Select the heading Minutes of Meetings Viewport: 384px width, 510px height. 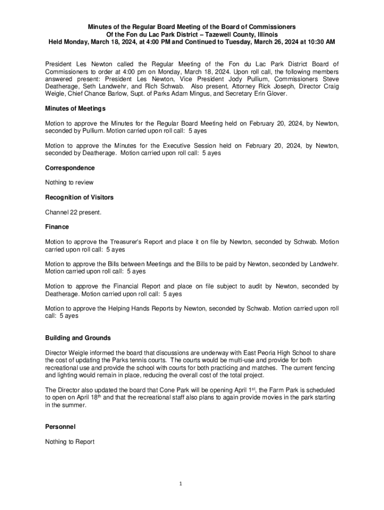tap(75, 108)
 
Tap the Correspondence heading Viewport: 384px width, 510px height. tap(70, 168)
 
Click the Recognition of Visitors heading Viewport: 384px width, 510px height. tap(79, 197)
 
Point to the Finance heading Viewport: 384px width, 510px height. tap(57, 227)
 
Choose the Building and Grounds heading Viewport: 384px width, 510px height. tap(78, 338)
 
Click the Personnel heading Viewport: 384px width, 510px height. tap(60, 427)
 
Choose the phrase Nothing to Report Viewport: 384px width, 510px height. tap(70, 442)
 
